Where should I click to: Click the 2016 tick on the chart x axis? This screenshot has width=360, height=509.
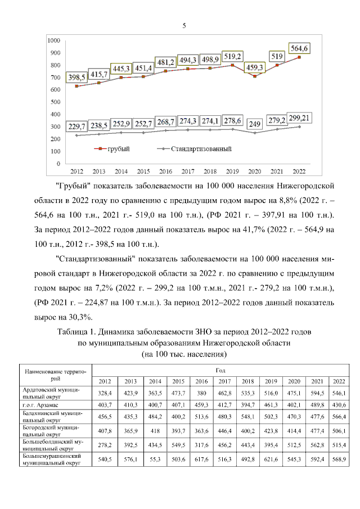coord(165,171)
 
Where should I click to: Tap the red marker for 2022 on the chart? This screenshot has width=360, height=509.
coord(299,57)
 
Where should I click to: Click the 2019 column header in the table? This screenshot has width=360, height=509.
coord(271,381)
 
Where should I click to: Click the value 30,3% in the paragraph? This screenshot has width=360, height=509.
coord(78,317)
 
